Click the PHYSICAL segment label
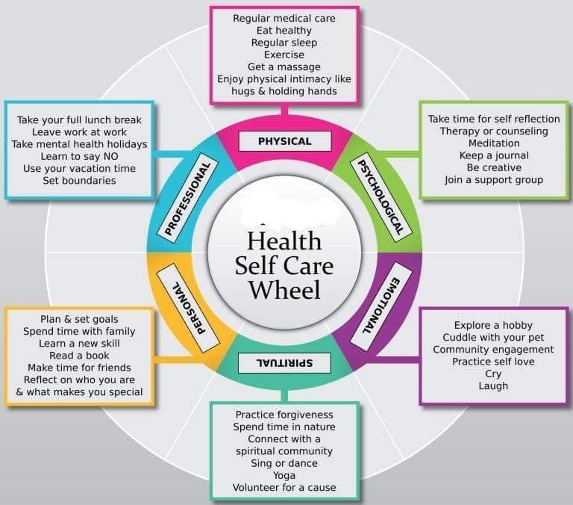(285, 141)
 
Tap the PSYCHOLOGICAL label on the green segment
(381, 198)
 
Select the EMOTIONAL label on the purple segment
(381, 306)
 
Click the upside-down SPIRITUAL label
(284, 363)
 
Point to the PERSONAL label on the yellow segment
(189, 308)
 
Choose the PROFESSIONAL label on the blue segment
(188, 199)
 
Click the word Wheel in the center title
(285, 290)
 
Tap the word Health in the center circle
(284, 241)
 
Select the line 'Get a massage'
(284, 67)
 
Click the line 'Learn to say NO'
(79, 156)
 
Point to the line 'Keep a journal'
(494, 155)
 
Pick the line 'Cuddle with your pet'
(493, 338)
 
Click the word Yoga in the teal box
(284, 475)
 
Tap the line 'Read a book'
(79, 356)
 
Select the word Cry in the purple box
(493, 374)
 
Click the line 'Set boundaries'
(79, 180)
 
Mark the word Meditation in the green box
(494, 143)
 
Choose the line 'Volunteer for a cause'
(284, 487)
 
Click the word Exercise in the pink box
(284, 55)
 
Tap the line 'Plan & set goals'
(79, 319)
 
